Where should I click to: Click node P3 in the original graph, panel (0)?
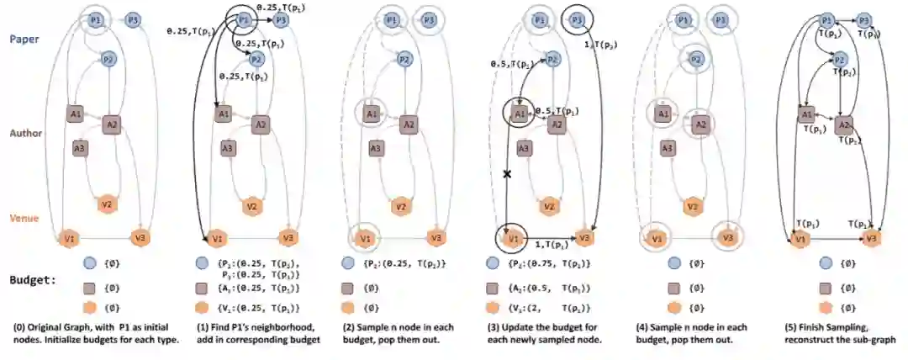[x=133, y=19]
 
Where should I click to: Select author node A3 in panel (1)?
[x=227, y=148]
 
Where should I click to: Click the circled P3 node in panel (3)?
[x=576, y=19]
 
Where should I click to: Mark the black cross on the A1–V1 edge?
[x=507, y=174]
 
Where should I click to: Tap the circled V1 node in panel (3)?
[x=509, y=238]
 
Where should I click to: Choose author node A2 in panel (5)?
[x=844, y=124]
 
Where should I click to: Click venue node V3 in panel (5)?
[x=872, y=239]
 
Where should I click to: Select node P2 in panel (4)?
[x=694, y=60]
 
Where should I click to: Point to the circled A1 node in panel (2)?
[x=371, y=113]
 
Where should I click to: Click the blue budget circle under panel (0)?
[x=89, y=263]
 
